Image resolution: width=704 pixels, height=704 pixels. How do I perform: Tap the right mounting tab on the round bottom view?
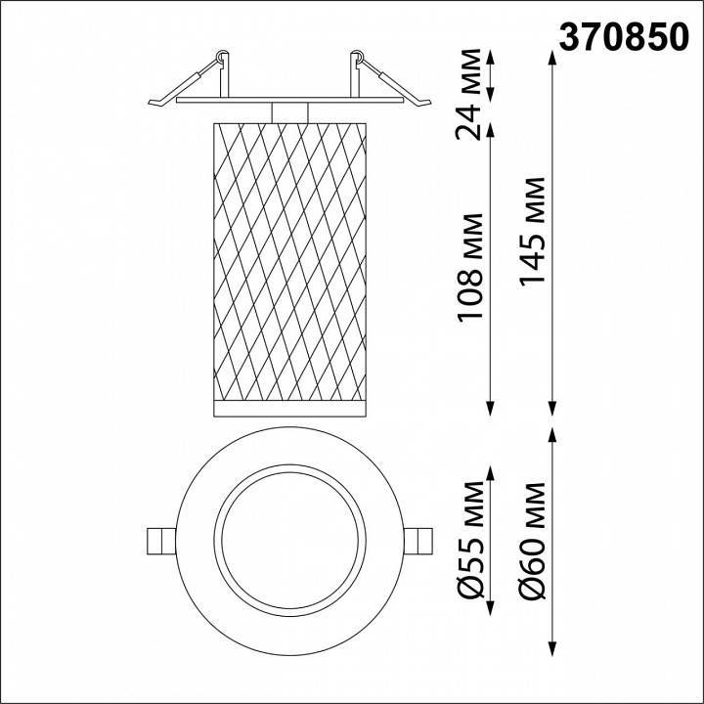pyautogui.click(x=418, y=541)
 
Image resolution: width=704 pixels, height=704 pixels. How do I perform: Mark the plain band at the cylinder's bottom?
pyautogui.click(x=288, y=406)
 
